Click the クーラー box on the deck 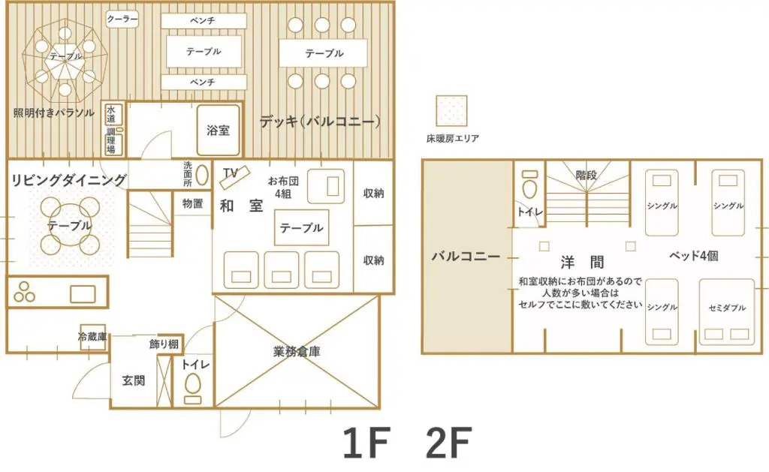(122, 19)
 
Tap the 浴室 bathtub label (218, 131)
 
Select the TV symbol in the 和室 (235, 177)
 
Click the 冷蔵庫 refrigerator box (92, 337)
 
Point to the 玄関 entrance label (134, 380)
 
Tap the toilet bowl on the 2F (529, 188)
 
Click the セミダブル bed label (727, 308)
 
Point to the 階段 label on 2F (586, 175)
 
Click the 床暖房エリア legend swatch (451, 111)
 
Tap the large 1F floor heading (366, 443)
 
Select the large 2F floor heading (449, 443)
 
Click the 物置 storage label (192, 203)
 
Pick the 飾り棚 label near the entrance (164, 344)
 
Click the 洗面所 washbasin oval (201, 175)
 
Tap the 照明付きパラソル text (54, 113)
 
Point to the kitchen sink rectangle (83, 294)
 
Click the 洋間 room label (582, 262)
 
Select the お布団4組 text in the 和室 (283, 188)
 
